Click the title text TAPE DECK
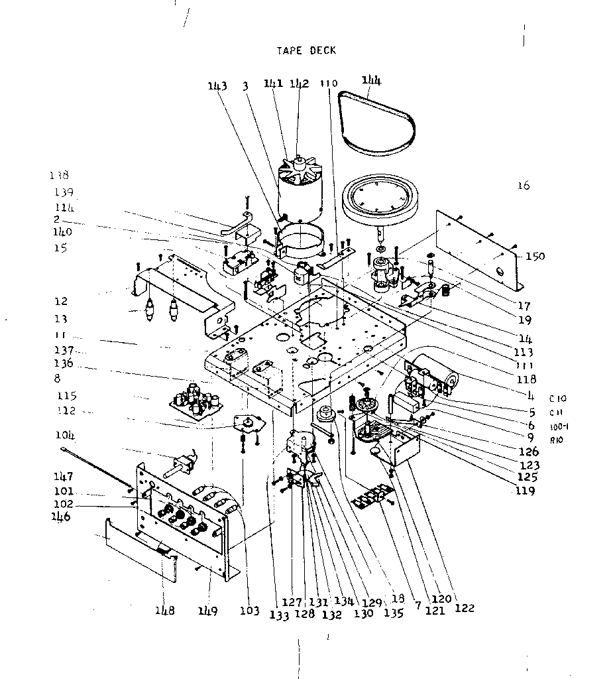[x=306, y=50]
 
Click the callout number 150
[x=534, y=257]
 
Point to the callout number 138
[x=58, y=176]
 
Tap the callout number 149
[x=209, y=611]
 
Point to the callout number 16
[x=524, y=186]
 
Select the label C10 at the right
[x=557, y=399]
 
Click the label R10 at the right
[x=557, y=438]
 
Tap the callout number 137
[x=64, y=350]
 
